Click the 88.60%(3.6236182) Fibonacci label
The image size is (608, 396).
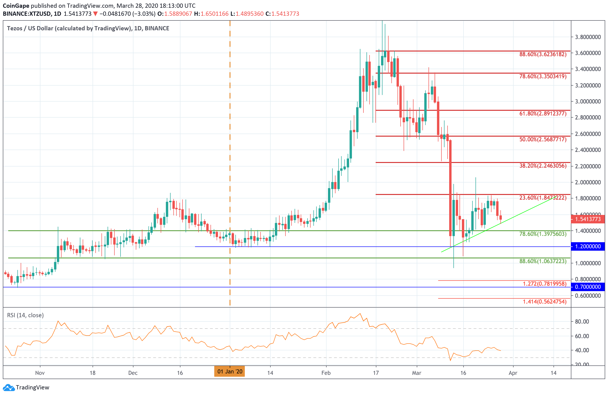click(x=543, y=54)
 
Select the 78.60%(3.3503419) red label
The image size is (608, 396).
click(x=543, y=76)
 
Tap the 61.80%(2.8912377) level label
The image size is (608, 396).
click(x=543, y=114)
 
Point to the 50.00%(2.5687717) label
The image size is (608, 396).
click(x=543, y=139)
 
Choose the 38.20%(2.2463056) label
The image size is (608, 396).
click(x=543, y=166)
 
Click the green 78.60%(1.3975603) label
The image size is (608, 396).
click(x=543, y=234)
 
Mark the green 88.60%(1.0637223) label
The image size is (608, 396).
click(x=543, y=261)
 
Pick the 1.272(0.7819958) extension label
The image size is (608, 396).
click(x=544, y=284)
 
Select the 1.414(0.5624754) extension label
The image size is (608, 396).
click(x=544, y=302)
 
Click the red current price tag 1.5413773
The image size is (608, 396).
click(x=588, y=219)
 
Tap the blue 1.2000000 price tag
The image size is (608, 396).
click(x=588, y=246)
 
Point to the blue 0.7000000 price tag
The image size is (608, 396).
click(x=588, y=287)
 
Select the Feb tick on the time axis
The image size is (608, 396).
click(x=326, y=373)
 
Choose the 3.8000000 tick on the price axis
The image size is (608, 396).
click(x=588, y=37)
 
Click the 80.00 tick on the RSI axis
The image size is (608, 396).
click(x=582, y=322)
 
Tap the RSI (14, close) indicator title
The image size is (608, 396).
click(x=25, y=315)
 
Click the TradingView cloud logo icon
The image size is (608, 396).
click(x=9, y=388)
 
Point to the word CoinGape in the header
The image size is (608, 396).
click(x=16, y=6)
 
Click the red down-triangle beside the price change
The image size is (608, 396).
click(x=95, y=14)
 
